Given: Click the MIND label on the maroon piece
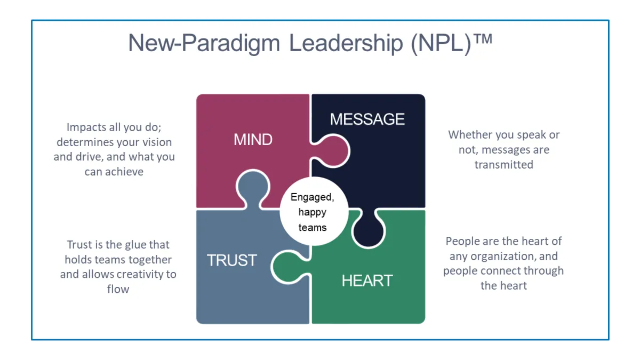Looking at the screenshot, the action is pos(253,139).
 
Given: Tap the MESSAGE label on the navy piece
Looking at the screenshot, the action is pos(367,119).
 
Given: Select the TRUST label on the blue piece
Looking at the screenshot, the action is pos(231,260).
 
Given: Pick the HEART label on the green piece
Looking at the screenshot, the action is pos(367,281).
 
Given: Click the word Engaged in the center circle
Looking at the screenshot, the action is pos(312,197).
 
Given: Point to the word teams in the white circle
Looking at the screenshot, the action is pos(313,228).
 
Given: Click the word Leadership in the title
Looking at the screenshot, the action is pos(346,43).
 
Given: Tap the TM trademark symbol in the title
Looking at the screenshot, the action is pos(483,38).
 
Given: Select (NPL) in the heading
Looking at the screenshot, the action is pos(441,43).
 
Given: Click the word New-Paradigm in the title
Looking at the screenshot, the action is pos(204,43).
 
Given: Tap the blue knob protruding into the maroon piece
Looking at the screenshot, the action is pos(253,189).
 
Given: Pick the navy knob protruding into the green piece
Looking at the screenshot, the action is pos(369,228).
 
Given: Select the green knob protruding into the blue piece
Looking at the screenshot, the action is pos(290,267).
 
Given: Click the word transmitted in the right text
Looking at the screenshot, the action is pos(504,165).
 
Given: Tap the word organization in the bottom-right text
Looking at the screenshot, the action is pos(503,257).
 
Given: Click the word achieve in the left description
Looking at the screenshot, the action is pos(124,172).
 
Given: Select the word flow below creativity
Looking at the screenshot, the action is pos(118,289).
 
